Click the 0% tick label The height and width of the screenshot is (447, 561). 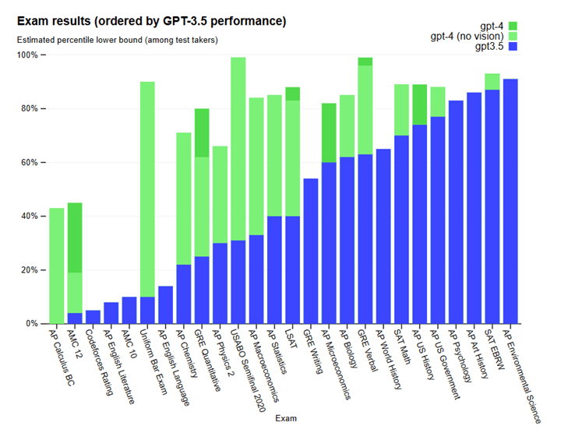34,323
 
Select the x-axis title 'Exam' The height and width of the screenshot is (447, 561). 286,418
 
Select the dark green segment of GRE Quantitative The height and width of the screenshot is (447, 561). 202,133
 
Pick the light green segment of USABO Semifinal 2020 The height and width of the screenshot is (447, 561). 238,149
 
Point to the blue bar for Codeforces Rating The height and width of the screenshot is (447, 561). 93,317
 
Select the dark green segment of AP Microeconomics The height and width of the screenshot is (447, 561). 329,133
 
